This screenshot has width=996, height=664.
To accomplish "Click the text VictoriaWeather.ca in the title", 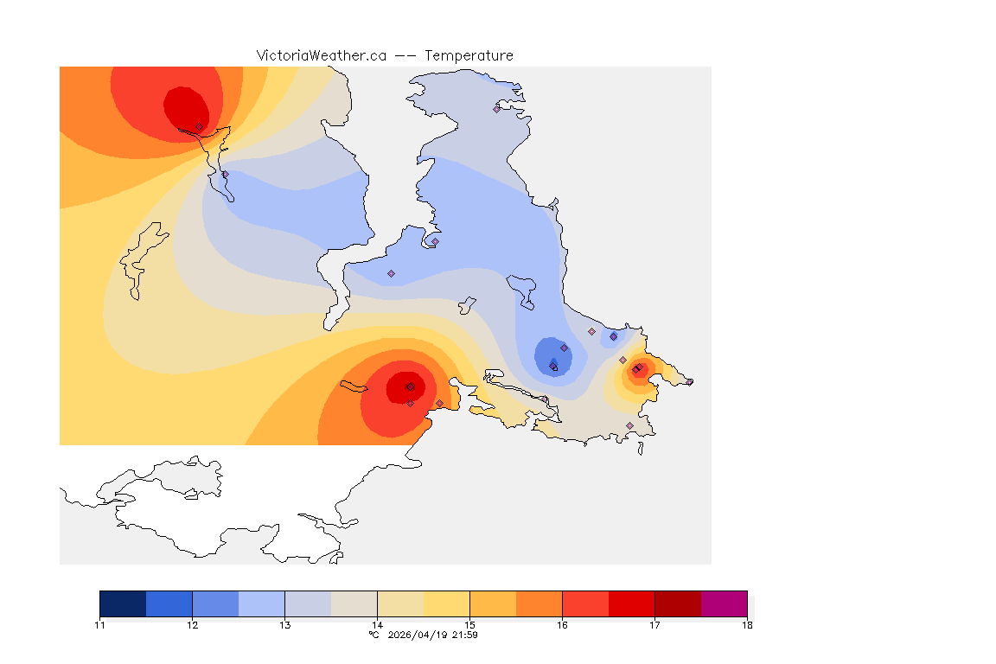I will point(321,55).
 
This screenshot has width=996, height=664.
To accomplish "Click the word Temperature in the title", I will point(469,55).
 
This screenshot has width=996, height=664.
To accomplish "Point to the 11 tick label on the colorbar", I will point(100,625).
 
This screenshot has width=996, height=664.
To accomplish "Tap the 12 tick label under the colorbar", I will point(192,625).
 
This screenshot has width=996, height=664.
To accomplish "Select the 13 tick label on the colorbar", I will point(284,625).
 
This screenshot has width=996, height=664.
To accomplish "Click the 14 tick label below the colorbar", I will point(377,625).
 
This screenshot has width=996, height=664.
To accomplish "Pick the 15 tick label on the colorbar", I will point(469,625).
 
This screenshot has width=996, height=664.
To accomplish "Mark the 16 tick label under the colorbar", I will point(562,625).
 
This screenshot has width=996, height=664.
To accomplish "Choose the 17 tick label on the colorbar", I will point(654,625).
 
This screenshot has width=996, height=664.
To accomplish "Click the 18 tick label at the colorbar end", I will point(747,625).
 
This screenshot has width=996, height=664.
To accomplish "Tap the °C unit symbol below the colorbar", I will point(373,635).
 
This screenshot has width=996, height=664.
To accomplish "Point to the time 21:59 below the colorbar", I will point(466,635).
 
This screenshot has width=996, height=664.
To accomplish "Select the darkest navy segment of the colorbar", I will point(123,603).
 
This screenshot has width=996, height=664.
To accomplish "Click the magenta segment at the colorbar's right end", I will point(724,603).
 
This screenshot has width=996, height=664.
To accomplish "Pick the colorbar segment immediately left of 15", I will point(446,603).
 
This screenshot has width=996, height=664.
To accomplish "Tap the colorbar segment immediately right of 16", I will point(585,603).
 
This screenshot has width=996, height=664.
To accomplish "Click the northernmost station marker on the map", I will point(497,109).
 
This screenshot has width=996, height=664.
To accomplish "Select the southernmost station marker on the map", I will point(629,425).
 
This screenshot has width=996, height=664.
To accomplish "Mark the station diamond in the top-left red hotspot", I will point(199,126).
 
